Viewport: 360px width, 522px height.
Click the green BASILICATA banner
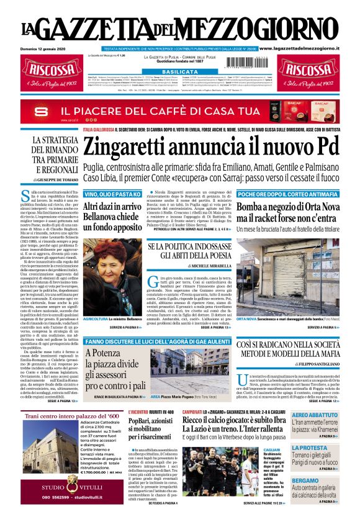point(180,72)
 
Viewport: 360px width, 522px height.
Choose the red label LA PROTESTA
point(309,448)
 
